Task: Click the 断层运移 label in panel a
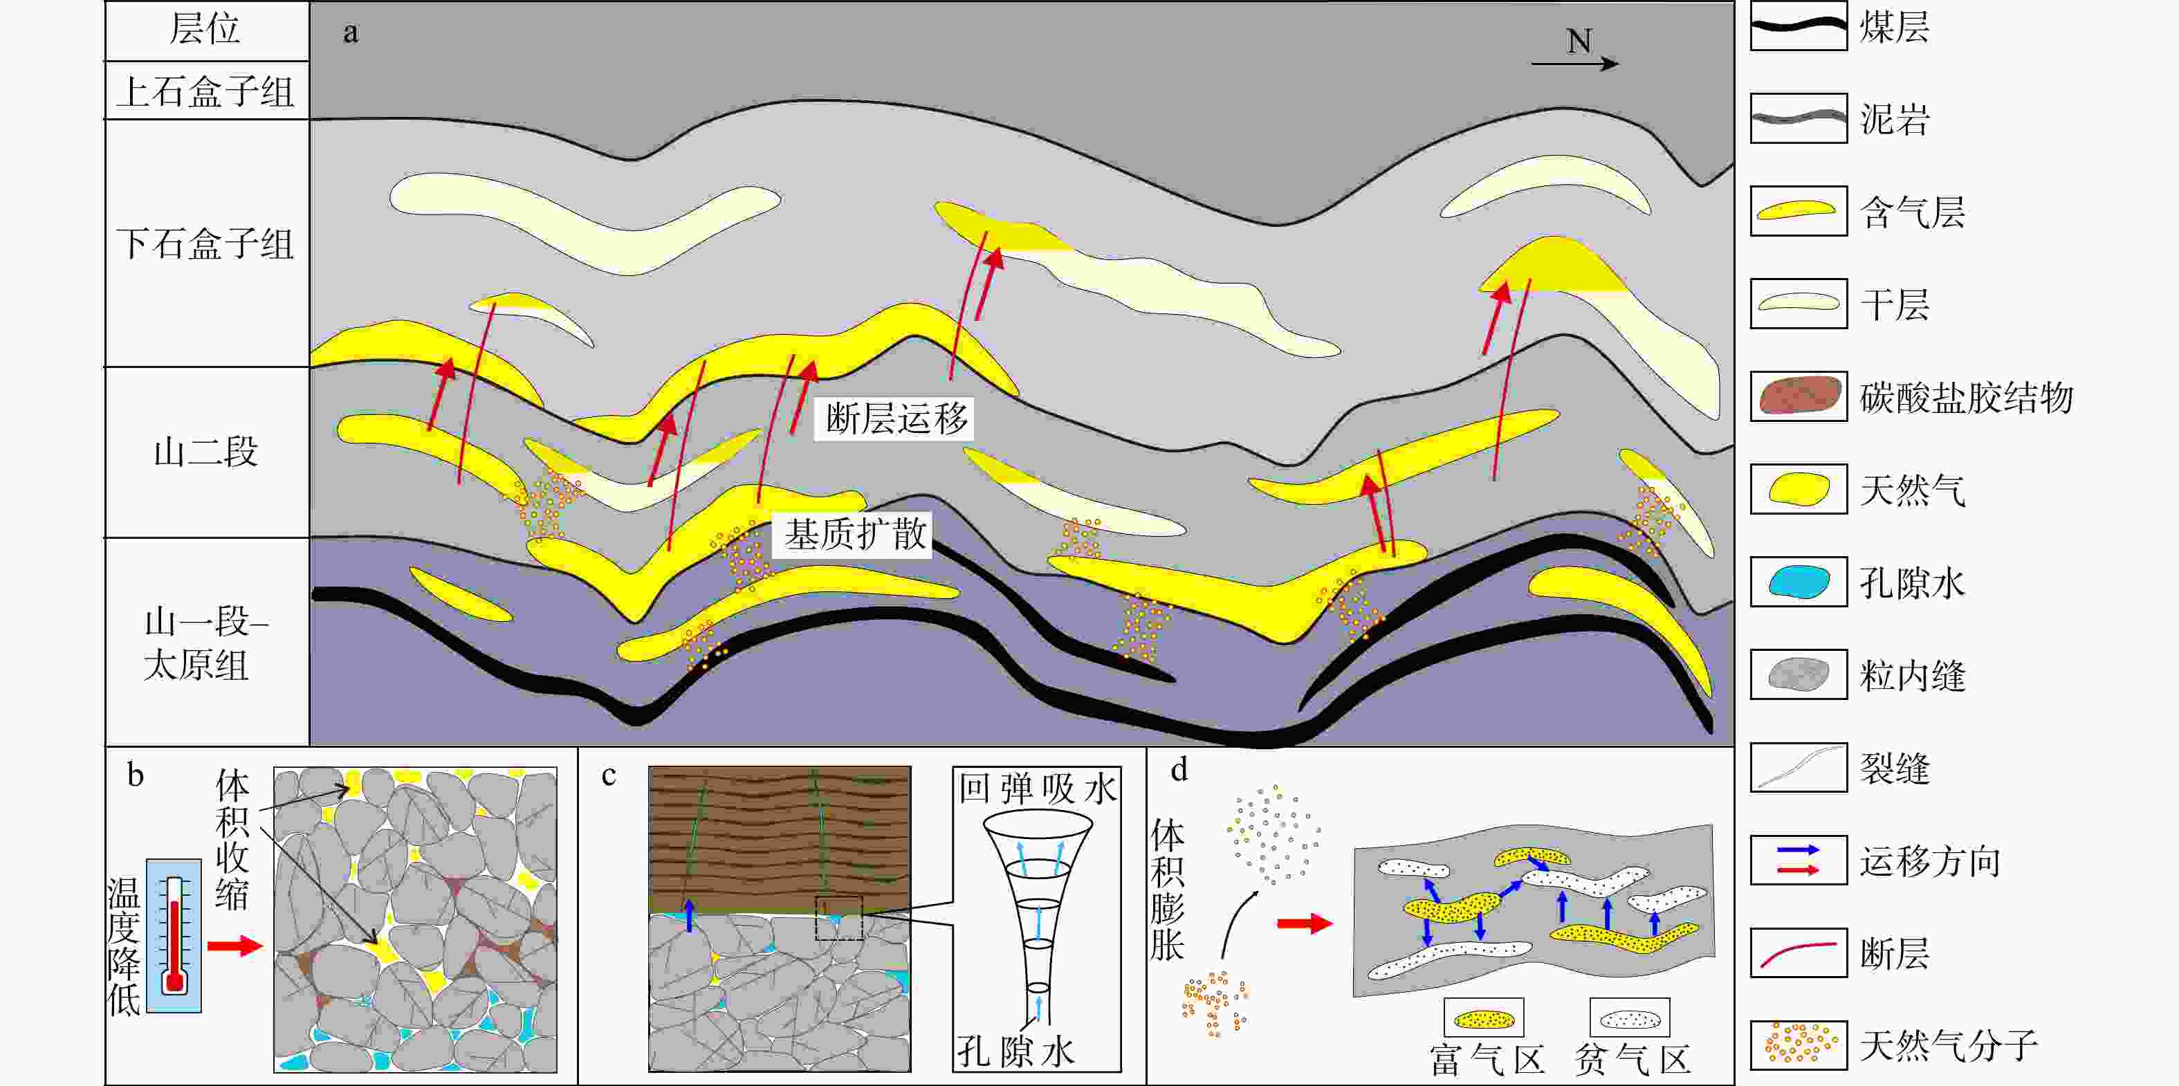point(895,418)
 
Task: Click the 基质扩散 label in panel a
point(854,535)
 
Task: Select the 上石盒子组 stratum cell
point(206,91)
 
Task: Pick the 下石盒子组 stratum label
point(205,244)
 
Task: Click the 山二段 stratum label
point(205,452)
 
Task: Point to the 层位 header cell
point(206,30)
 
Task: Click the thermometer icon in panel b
point(174,935)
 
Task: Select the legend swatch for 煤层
point(1799,26)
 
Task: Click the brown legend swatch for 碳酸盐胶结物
point(1799,396)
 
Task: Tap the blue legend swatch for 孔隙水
point(1799,582)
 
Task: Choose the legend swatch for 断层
point(1799,952)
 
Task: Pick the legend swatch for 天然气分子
point(1799,1044)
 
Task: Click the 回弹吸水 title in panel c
point(1037,789)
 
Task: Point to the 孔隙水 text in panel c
point(1015,1051)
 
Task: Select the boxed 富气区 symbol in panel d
point(1484,1018)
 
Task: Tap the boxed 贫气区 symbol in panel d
point(1629,1018)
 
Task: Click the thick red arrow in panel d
point(1305,923)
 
